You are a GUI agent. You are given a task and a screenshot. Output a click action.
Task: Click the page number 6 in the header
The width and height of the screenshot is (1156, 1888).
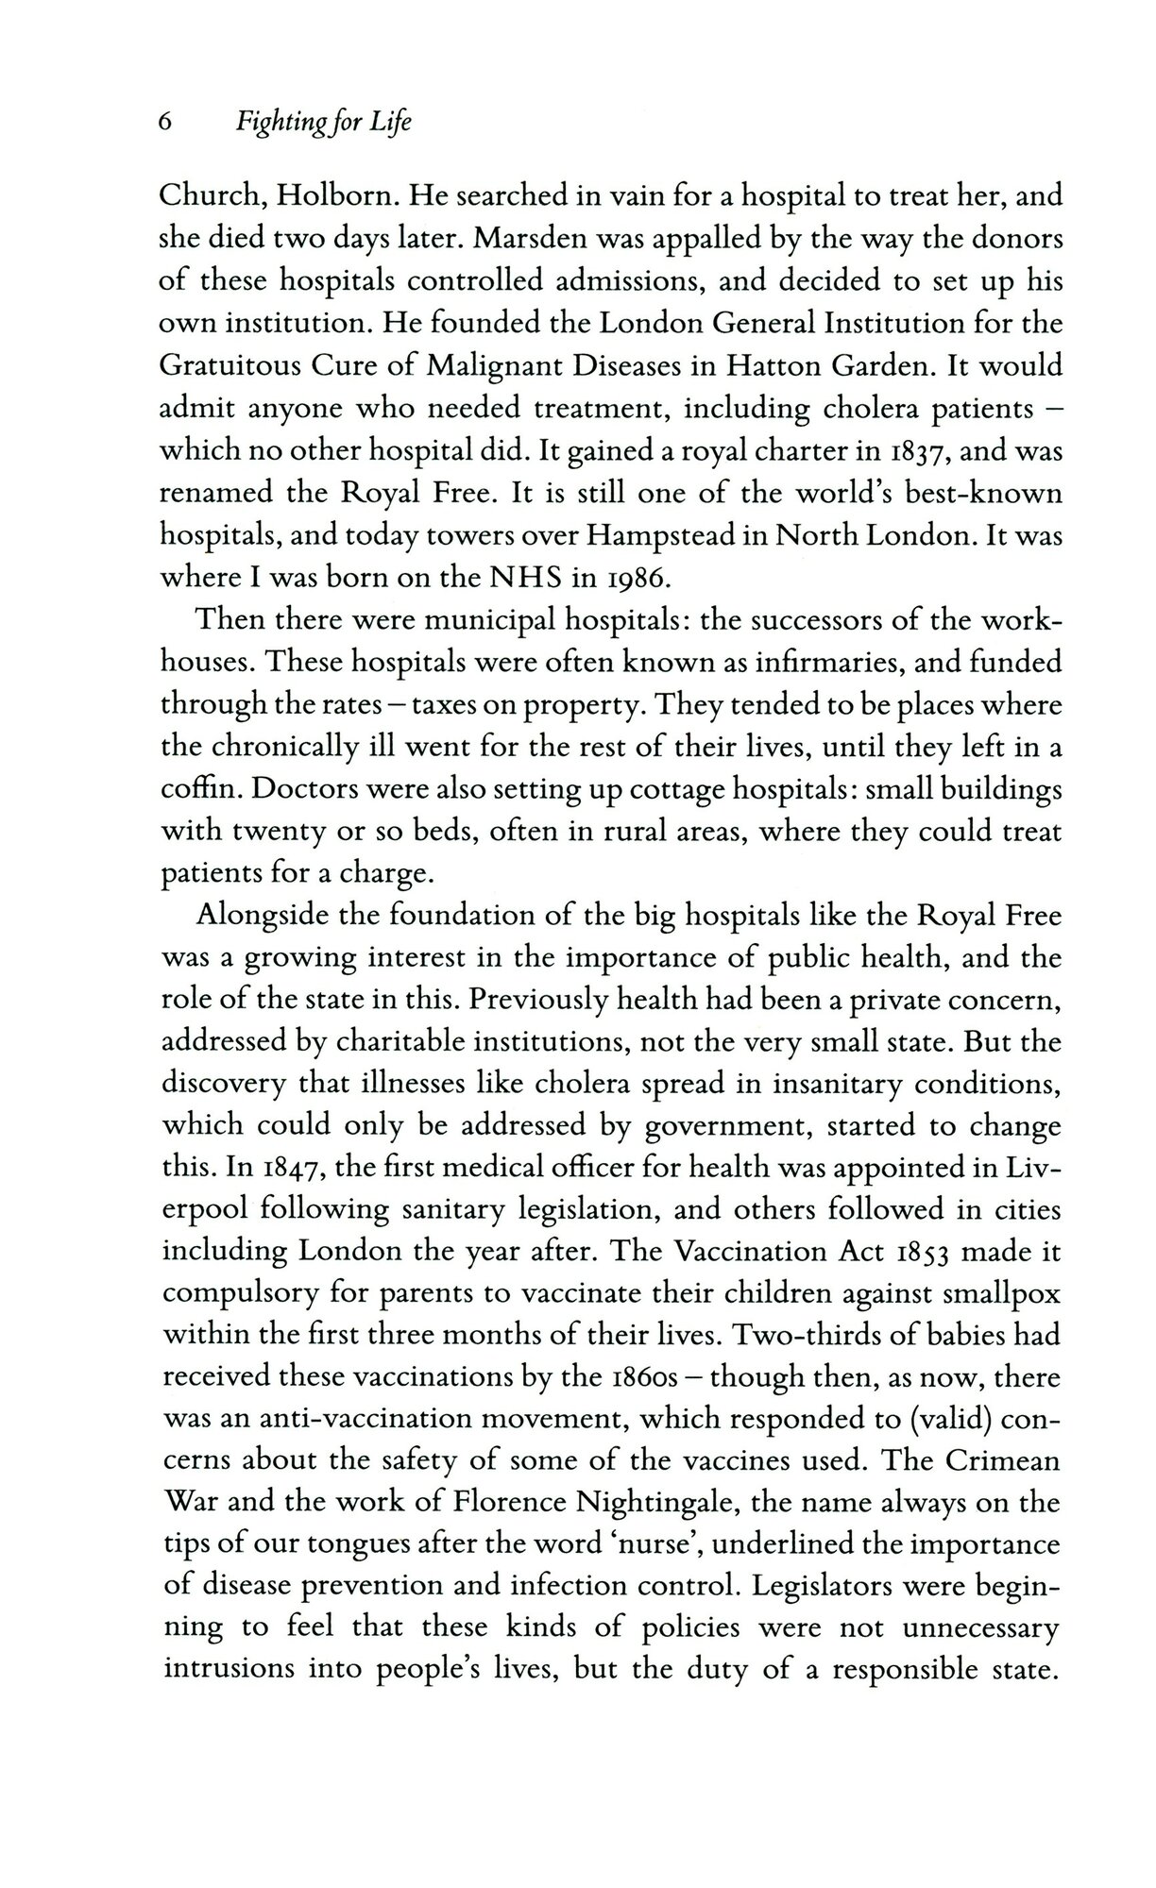tap(166, 125)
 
